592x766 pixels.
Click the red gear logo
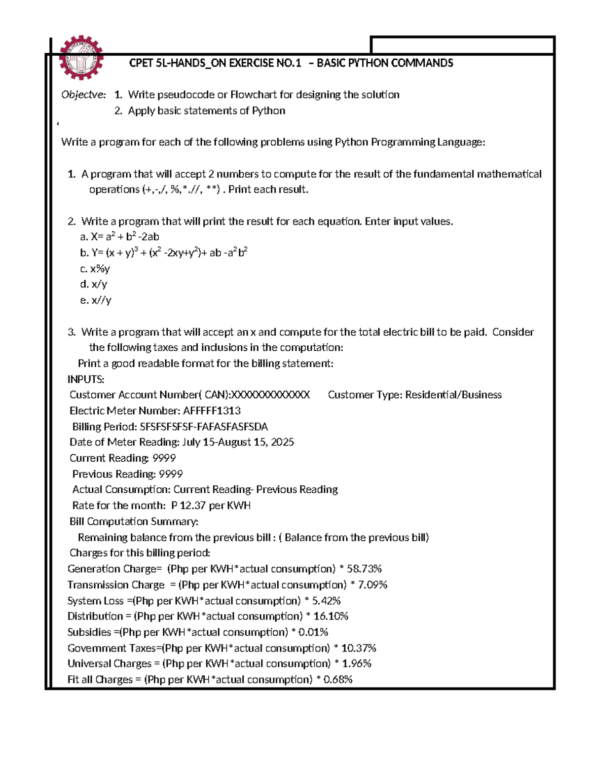pyautogui.click(x=81, y=58)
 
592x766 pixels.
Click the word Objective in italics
pyautogui.click(x=83, y=95)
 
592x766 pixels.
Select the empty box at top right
pyautogui.click(x=462, y=45)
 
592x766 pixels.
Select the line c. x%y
pyautogui.click(x=95, y=269)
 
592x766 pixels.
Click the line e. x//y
pyautogui.click(x=96, y=300)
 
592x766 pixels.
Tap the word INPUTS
pyautogui.click(x=86, y=379)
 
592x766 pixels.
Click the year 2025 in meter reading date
pyautogui.click(x=282, y=442)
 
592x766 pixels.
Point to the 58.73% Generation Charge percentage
pyautogui.click(x=364, y=569)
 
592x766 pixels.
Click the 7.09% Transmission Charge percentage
pyautogui.click(x=373, y=585)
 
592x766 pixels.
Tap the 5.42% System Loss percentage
pyautogui.click(x=327, y=601)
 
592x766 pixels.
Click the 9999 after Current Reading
pyautogui.click(x=164, y=458)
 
